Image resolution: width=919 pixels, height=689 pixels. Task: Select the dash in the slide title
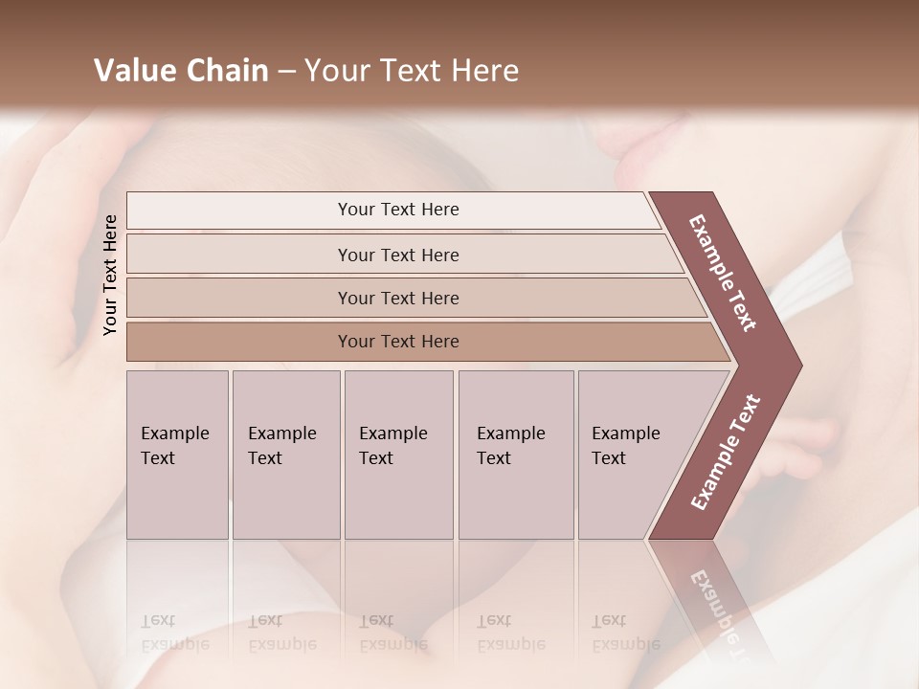point(286,72)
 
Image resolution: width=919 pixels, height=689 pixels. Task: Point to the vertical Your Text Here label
point(110,275)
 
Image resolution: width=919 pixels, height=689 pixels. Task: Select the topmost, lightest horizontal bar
point(392,210)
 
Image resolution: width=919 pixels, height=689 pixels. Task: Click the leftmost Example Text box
point(177,455)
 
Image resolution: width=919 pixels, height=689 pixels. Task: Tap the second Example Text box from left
point(285,455)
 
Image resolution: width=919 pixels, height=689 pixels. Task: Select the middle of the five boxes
point(398,455)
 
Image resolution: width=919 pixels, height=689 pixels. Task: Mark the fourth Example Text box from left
point(516,455)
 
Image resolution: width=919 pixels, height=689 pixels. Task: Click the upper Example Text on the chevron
point(723,273)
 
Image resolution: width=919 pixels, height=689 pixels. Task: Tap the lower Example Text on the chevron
point(725,453)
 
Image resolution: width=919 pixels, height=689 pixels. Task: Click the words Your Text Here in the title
point(412,71)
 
